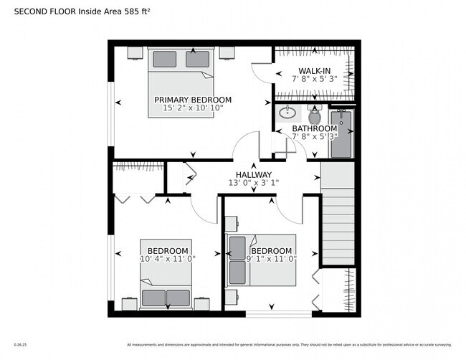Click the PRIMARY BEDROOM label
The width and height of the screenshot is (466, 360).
(x=193, y=100)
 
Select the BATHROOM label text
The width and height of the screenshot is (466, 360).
(x=314, y=128)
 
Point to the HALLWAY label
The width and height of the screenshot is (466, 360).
(x=254, y=174)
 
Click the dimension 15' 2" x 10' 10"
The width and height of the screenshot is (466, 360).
(x=193, y=108)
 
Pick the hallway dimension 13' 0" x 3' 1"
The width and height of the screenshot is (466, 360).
(x=254, y=183)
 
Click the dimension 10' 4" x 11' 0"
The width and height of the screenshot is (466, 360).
(x=168, y=258)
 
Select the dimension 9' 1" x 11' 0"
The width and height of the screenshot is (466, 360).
(x=271, y=258)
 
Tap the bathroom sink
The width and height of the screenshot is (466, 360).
(x=287, y=113)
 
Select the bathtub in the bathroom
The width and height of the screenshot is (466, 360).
(x=341, y=133)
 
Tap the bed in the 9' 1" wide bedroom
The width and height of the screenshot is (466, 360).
(x=247, y=260)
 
